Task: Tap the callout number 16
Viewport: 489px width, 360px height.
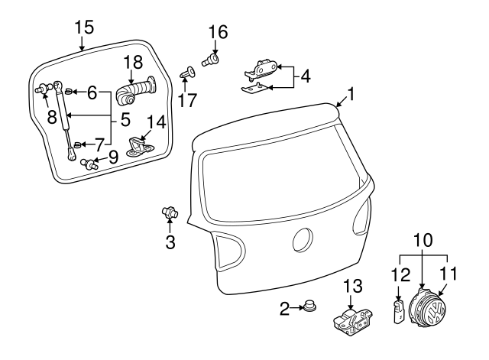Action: [218, 32]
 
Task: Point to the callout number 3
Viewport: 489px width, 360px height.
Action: [170, 243]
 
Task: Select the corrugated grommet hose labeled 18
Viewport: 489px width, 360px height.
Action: [135, 94]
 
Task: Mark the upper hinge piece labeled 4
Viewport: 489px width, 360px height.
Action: [263, 70]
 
